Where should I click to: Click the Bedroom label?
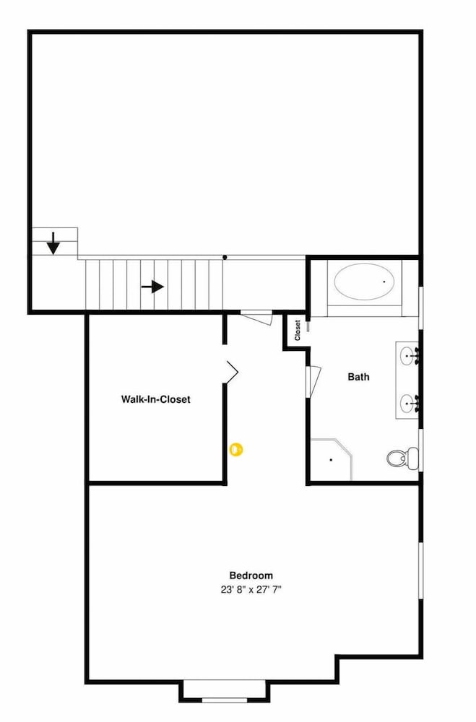tap(251, 575)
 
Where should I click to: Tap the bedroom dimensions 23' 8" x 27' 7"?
tap(251, 589)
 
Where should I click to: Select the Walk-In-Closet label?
tap(155, 399)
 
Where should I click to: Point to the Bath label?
tap(358, 377)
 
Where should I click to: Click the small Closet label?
tap(297, 330)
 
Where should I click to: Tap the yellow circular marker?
tap(236, 449)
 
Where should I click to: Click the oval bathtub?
tap(365, 282)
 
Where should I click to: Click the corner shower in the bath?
tap(331, 459)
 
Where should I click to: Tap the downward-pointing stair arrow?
tap(53, 243)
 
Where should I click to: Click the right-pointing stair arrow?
tap(152, 287)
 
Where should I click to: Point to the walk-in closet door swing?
tap(231, 372)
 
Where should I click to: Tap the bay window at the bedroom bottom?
tap(225, 700)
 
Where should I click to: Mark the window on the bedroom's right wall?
tap(420, 570)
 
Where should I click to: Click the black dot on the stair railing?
tap(225, 257)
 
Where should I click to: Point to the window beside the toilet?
tap(420, 450)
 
